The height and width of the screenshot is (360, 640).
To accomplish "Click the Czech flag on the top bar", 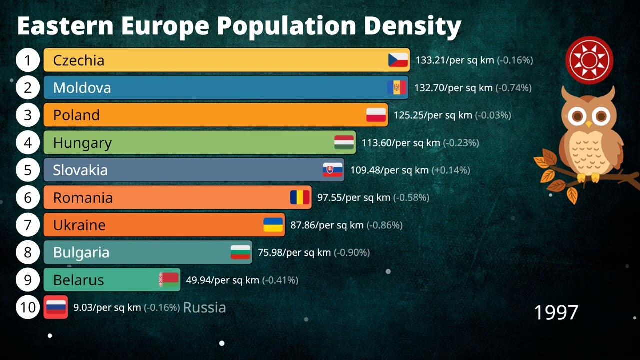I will (x=398, y=60).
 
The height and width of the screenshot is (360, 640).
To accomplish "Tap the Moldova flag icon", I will (x=396, y=88).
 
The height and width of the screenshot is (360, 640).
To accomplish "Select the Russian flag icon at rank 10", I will (x=56, y=307).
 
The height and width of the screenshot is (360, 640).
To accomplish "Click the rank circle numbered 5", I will (x=28, y=170).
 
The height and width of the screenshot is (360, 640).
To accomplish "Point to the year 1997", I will (x=556, y=313).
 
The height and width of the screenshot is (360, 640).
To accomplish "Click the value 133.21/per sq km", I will (x=454, y=60).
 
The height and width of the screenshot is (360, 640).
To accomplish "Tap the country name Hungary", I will (x=82, y=143).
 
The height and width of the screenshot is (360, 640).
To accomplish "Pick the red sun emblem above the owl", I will (x=589, y=60).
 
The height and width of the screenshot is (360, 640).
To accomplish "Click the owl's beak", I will (x=589, y=123).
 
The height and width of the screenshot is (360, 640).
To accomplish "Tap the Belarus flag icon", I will (x=169, y=280).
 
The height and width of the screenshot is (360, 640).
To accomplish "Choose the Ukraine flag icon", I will (x=273, y=225).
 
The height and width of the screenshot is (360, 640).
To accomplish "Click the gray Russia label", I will (x=204, y=307).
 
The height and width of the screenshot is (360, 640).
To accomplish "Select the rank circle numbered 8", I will (x=28, y=252).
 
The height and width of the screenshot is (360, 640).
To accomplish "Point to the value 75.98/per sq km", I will (x=294, y=252).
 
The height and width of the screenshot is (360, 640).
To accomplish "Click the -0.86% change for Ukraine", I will (x=384, y=225).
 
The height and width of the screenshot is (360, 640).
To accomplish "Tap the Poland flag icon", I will (x=376, y=115).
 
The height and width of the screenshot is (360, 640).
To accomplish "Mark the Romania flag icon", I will (x=300, y=197).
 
